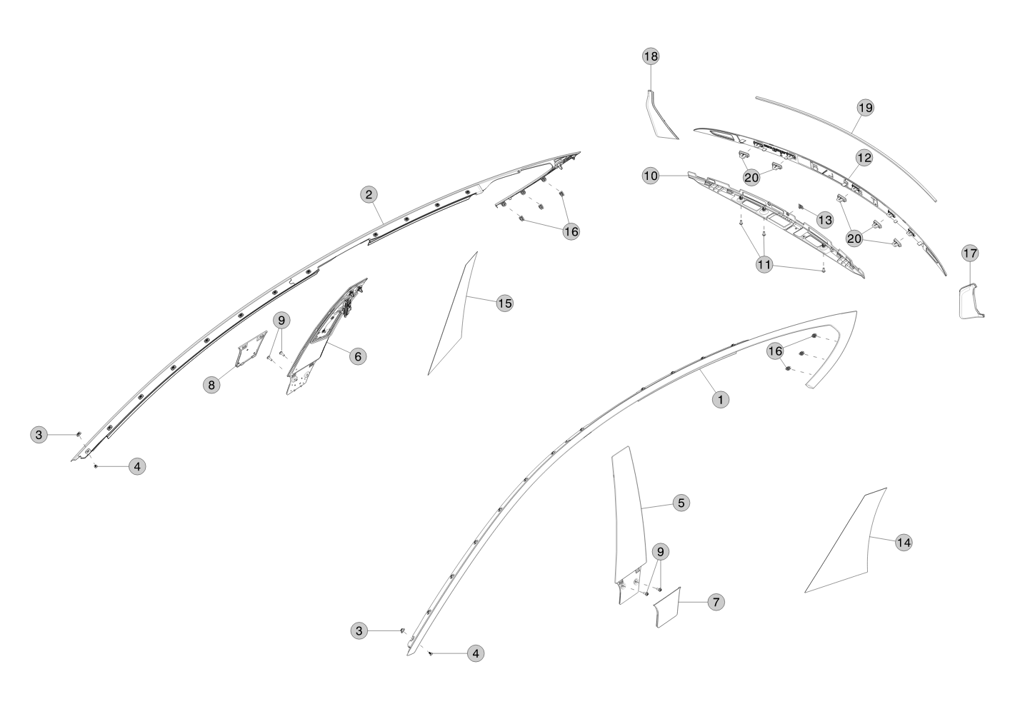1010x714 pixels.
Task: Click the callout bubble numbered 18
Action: click(x=651, y=56)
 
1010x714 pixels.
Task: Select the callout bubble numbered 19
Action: click(x=865, y=108)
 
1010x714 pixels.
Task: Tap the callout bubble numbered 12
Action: click(x=864, y=158)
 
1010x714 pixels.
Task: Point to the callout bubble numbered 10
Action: click(x=651, y=176)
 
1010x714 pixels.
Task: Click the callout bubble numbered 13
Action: click(x=825, y=220)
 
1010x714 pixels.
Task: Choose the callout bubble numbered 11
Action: click(x=764, y=265)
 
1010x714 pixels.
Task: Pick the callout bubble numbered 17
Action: click(x=970, y=253)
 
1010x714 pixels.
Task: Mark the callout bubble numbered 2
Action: click(x=369, y=195)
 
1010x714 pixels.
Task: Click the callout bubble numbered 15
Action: click(x=505, y=303)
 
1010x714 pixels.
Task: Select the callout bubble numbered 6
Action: click(x=358, y=356)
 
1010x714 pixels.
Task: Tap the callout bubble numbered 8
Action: click(x=211, y=385)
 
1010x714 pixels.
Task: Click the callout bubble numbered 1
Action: click(x=721, y=399)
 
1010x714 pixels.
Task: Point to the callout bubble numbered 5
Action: click(x=681, y=503)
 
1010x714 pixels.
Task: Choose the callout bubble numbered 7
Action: click(x=716, y=602)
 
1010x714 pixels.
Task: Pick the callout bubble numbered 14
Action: click(x=904, y=543)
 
